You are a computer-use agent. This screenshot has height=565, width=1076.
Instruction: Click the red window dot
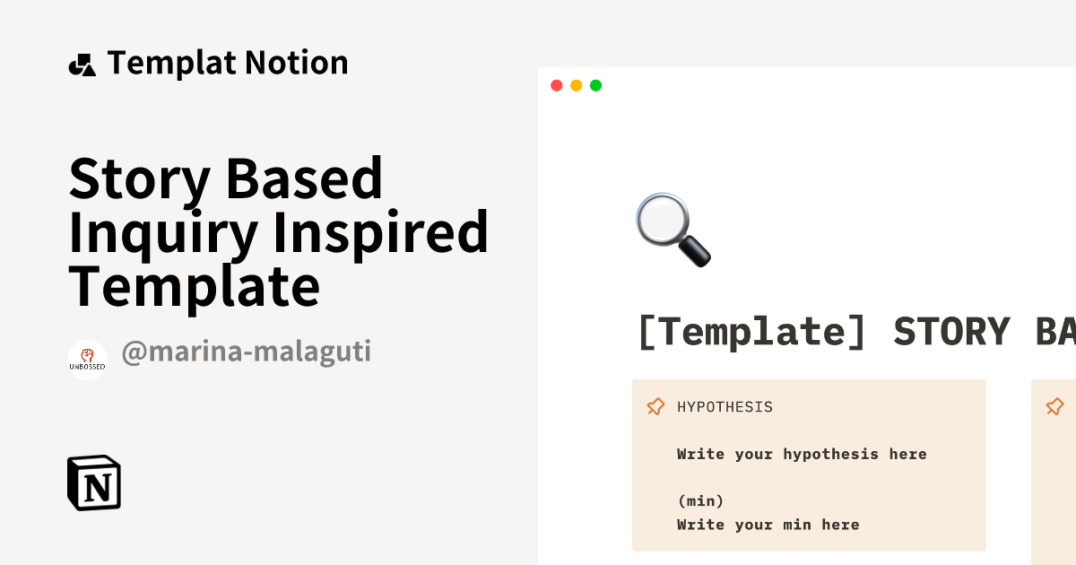pos(556,85)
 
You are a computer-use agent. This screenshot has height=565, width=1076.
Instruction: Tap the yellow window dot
pos(576,85)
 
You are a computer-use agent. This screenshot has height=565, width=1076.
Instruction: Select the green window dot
pos(595,85)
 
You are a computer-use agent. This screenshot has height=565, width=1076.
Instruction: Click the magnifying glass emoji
pos(672,230)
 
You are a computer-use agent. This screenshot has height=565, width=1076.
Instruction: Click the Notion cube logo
pos(94,483)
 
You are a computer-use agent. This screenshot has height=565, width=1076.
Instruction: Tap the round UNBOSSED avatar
pos(87,360)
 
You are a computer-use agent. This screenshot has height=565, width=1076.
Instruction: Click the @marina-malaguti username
pos(246,352)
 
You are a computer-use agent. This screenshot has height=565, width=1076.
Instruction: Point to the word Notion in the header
pos(297,64)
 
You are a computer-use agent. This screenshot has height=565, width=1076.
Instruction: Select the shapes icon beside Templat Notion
pos(82,65)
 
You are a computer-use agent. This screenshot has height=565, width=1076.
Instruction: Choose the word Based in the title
pos(304,178)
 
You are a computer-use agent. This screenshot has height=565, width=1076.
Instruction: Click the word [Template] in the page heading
pos(751,331)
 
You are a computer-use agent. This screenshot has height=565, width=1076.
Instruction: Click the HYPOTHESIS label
pos(725,407)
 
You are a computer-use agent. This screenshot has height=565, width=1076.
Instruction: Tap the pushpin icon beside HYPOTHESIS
pos(655,407)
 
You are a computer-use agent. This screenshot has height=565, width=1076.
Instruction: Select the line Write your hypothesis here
pos(802,454)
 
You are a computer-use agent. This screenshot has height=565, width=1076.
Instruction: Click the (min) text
pos(700,500)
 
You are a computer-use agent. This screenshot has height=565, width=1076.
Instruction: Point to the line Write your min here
pos(768,525)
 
